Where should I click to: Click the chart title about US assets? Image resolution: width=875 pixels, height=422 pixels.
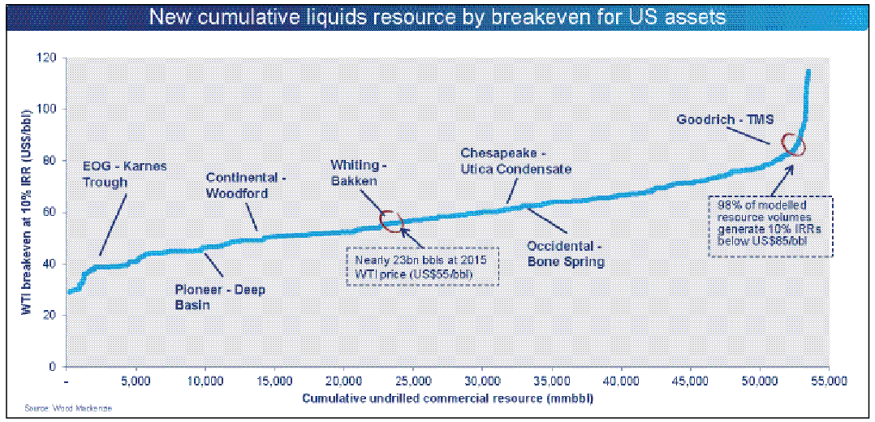point(437,17)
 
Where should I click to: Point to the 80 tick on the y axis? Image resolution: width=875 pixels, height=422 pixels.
point(50,161)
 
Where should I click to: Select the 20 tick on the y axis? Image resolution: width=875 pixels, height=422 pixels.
point(50,315)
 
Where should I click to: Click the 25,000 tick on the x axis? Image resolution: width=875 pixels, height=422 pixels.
point(414,380)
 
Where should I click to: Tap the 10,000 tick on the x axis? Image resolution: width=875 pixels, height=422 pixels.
point(205,380)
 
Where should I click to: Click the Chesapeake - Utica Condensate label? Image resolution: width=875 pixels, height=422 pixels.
point(516,161)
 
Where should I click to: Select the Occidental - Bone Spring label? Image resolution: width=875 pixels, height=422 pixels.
point(565,253)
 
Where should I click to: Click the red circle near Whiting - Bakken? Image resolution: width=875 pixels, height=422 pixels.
point(391,220)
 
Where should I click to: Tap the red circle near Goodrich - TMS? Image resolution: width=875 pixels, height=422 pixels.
point(791,144)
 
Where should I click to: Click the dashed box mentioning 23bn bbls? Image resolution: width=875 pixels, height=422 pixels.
point(422,266)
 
